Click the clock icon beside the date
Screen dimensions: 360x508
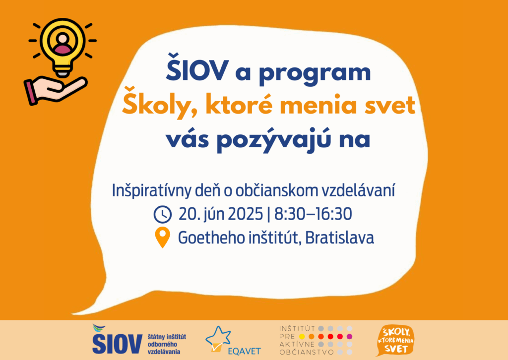[162, 214]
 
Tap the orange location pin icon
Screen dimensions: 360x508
[162, 238]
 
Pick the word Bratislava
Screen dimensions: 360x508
[340, 238]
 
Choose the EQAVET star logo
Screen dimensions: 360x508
[219, 338]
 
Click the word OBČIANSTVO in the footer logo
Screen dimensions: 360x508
[306, 352]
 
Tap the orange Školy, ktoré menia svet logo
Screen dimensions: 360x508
[395, 340]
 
